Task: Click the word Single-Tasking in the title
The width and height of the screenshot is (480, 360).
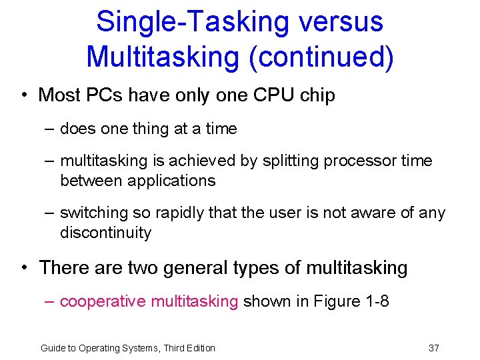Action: click(193, 21)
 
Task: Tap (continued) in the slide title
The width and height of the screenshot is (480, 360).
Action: click(321, 57)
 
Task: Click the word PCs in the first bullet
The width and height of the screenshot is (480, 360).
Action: click(104, 95)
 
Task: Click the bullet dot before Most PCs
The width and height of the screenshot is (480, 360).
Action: click(24, 95)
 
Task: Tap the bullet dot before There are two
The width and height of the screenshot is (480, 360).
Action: click(24, 268)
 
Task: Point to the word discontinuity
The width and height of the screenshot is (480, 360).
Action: click(105, 233)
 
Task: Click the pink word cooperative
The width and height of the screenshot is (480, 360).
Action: click(103, 301)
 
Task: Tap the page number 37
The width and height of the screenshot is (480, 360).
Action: click(433, 348)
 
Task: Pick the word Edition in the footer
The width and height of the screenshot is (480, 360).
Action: click(199, 348)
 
